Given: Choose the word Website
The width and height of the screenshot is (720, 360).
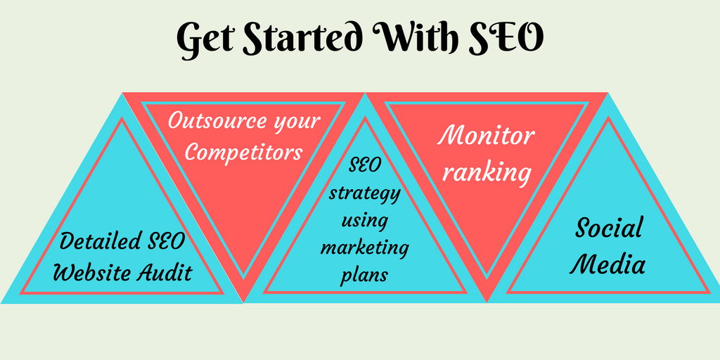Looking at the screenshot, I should pos(92,272).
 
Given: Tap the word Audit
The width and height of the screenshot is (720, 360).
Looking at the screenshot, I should pos(165,272).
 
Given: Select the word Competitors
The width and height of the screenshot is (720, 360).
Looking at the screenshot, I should pos(243,152).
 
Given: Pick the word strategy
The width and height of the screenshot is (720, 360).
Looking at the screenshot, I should pos(365,193).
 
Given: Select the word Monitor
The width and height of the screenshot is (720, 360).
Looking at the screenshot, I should pos(486,135).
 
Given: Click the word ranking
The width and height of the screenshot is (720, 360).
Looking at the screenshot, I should pos(486,171).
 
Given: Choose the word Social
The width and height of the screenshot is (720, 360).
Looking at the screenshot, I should pos(609,228).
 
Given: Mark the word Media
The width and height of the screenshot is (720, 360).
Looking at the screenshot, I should pos(609,264).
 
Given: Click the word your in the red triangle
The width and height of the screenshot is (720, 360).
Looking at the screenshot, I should pos(296,121).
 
